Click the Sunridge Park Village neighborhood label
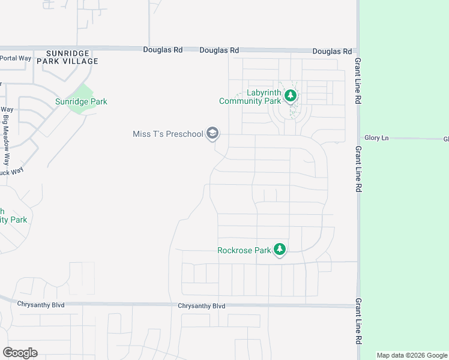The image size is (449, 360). tap(67, 57)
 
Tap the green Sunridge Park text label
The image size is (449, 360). tap(81, 101)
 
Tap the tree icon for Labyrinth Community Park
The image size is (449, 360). tap(291, 96)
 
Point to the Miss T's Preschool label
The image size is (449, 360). tap(168, 134)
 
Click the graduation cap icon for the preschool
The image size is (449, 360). tap(212, 133)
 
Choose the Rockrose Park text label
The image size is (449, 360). tap(244, 250)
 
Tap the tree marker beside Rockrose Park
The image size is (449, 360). tap(279, 249)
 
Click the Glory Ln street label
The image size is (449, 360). tap(376, 138)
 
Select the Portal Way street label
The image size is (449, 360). tap(15, 58)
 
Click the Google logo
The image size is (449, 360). tap(20, 352)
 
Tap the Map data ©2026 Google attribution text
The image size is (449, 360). tap(412, 355)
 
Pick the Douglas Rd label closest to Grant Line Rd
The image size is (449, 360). tap(332, 52)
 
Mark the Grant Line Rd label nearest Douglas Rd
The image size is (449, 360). tap(358, 80)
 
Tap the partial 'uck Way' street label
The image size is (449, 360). tap(11, 171)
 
